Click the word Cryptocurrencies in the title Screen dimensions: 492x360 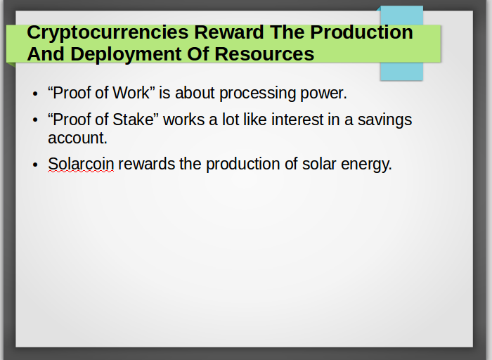(x=108, y=33)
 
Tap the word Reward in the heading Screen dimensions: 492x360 (x=229, y=32)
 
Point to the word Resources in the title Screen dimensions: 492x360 (x=264, y=53)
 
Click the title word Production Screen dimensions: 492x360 (x=361, y=32)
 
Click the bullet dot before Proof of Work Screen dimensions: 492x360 (x=35, y=94)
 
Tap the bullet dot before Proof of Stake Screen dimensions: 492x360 (x=35, y=120)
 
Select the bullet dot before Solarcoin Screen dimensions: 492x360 (x=35, y=165)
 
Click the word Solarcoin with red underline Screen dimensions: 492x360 (x=81, y=164)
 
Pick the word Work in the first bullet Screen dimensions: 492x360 (x=131, y=93)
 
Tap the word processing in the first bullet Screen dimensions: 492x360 (x=257, y=94)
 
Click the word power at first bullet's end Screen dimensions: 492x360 (x=323, y=94)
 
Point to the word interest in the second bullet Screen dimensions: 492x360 (x=297, y=120)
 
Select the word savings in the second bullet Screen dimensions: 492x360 (x=384, y=120)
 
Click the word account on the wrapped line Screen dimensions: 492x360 (x=77, y=139)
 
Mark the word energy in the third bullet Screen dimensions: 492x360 (x=366, y=165)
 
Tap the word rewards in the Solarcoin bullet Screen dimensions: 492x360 (x=146, y=164)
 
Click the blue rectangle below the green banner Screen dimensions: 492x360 (x=401, y=71)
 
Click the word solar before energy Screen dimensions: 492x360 (x=319, y=164)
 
